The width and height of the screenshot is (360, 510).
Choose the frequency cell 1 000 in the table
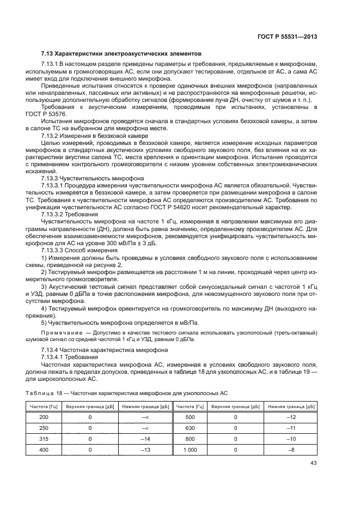point(190,450)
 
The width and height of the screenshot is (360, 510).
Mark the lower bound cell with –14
point(145,439)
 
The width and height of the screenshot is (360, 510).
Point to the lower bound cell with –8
point(292,450)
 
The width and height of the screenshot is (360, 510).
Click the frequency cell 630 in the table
point(190,428)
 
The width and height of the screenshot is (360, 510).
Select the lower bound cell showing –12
point(292,417)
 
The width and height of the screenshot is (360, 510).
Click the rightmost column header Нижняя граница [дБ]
point(292,406)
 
